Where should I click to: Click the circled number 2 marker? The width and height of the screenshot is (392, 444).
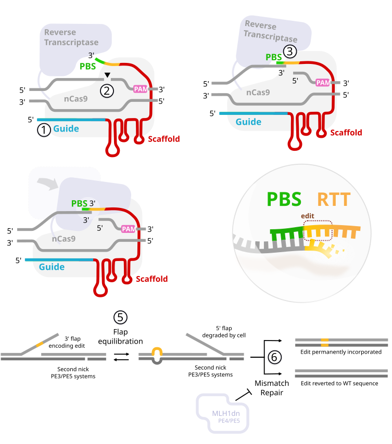(107, 90)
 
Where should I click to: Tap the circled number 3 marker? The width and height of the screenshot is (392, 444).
(290, 51)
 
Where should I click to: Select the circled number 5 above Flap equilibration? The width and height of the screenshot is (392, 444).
(120, 317)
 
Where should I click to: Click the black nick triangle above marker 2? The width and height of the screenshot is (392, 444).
(107, 76)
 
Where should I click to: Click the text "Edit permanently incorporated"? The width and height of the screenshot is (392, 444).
(341, 352)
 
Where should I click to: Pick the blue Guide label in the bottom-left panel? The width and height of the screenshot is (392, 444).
(52, 267)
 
